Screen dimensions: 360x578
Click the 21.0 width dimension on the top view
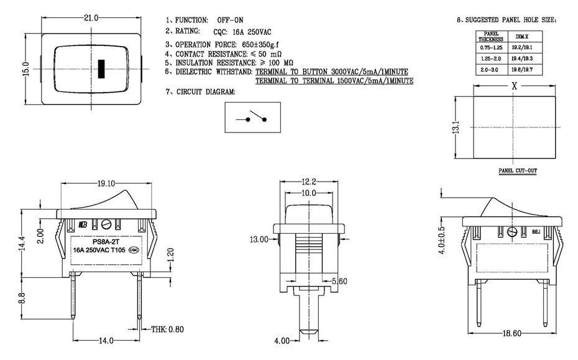click(92, 18)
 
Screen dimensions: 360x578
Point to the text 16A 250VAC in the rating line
click(247, 31)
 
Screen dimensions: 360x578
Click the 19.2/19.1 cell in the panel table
click(523, 47)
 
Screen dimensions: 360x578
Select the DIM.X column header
click(523, 37)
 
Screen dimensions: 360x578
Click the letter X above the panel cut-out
click(514, 87)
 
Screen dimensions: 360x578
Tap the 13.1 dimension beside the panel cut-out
click(456, 127)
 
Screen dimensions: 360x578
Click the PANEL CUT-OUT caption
click(517, 170)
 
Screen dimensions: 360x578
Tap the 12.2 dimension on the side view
click(309, 182)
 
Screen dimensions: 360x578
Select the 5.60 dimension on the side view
click(339, 282)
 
